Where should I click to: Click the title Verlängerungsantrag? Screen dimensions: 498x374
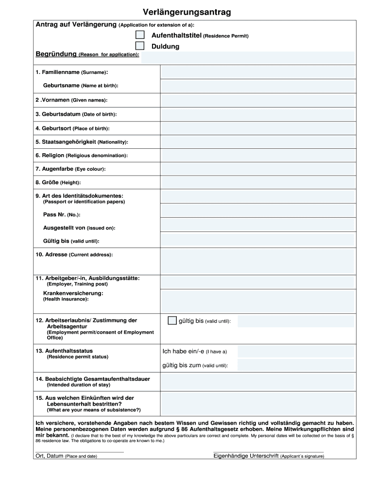pyautogui.click(x=187, y=12)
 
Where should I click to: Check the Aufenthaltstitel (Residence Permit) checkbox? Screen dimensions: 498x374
pyautogui.click(x=140, y=35)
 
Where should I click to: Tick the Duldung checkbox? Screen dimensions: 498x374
pyautogui.click(x=140, y=46)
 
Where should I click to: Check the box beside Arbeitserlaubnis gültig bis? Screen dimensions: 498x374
pyautogui.click(x=172, y=320)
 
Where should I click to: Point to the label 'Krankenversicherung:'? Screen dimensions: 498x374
pyautogui.click(x=73, y=293)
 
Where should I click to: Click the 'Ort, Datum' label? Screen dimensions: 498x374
pyautogui.click(x=50, y=456)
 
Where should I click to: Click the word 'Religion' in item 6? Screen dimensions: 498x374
pyautogui.click(x=53, y=155)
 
